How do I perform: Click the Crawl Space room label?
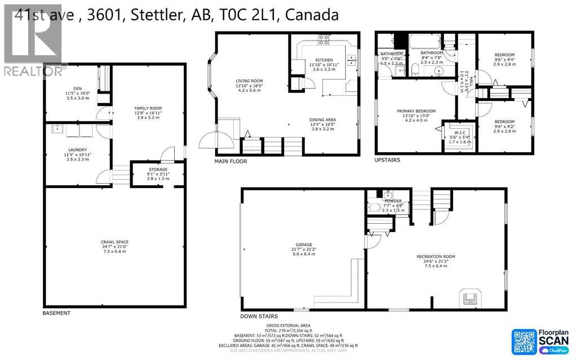116,242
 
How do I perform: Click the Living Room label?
250,81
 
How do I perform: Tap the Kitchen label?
323,60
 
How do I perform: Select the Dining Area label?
322,119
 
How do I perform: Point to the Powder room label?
393,201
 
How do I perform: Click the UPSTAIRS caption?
387,160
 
